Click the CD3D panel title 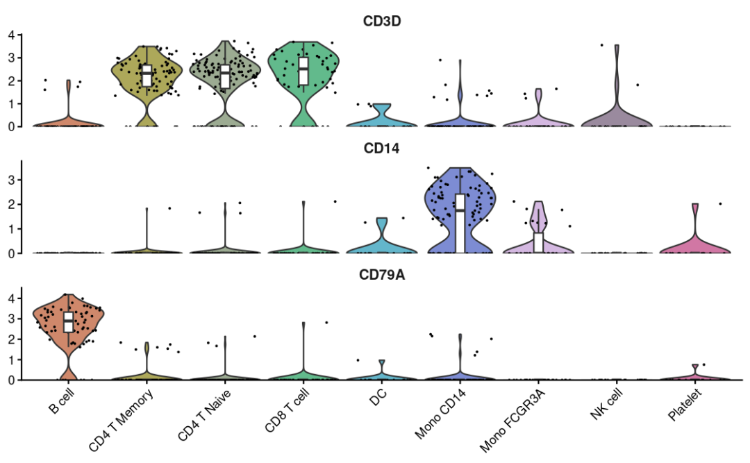click(382, 21)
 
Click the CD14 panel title click(382, 148)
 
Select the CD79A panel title click(382, 275)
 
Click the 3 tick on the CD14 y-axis click(11, 180)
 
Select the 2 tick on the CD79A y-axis click(11, 339)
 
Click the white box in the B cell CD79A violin click(68, 322)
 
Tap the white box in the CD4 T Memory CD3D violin click(147, 75)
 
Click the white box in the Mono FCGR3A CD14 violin click(538, 243)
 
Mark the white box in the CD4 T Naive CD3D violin click(225, 76)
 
